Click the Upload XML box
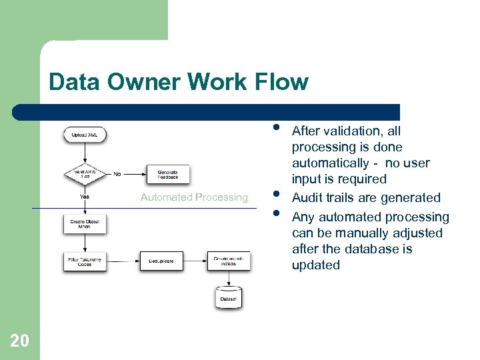[85, 135]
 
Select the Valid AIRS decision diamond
[85, 174]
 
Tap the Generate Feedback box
[167, 174]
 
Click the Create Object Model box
[85, 223]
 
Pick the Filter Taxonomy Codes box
[85, 260]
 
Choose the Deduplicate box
[160, 261]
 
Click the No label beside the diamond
[117, 174]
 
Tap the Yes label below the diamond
[85, 197]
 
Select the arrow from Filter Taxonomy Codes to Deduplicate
[123, 261]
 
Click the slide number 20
[19, 341]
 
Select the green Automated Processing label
[194, 197]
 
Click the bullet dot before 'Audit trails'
[275, 195]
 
